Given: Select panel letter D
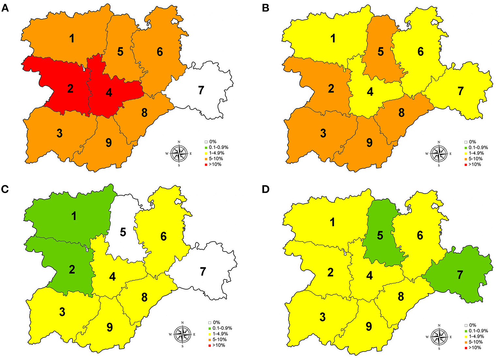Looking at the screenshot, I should click(266, 189).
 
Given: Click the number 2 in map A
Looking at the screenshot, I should click(70, 89).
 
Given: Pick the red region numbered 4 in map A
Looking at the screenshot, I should click(111, 98).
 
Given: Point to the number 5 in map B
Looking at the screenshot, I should click(381, 52).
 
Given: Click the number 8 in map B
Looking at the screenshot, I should click(401, 113).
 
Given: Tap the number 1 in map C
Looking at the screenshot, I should click(74, 216).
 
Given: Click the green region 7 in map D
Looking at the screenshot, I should click(463, 281).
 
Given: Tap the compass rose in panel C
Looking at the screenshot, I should click(182, 334).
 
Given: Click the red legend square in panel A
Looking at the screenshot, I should click(206, 164).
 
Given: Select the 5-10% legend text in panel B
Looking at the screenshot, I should click(477, 159).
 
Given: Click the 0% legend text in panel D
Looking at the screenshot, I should click(472, 325).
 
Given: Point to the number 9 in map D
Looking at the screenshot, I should click(369, 326).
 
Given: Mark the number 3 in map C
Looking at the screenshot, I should click(62, 312).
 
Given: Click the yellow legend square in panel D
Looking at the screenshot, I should click(466, 336).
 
